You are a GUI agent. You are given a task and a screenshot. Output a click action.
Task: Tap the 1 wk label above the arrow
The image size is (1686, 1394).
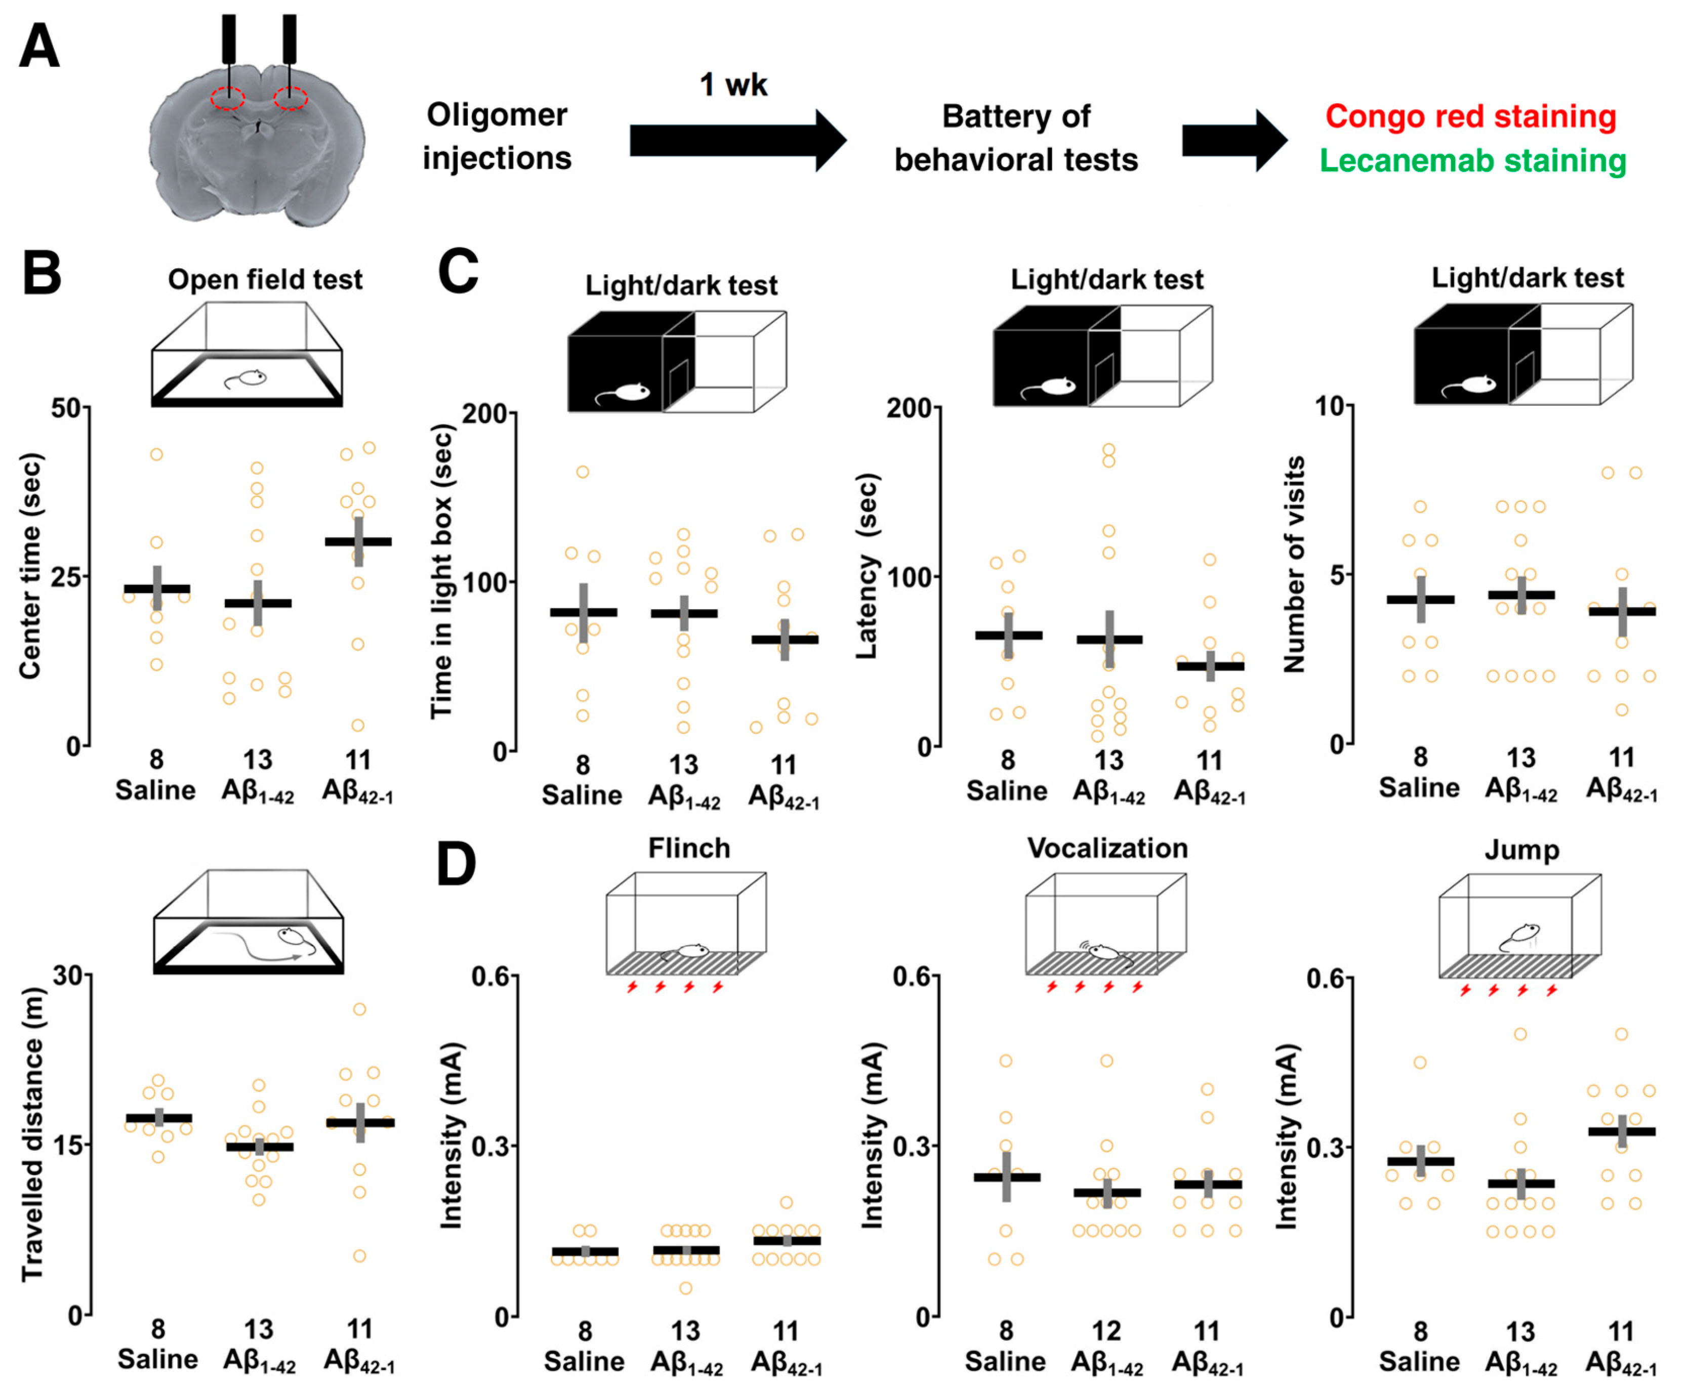point(733,85)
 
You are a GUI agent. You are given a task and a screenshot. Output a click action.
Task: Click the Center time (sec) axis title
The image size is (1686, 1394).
point(30,566)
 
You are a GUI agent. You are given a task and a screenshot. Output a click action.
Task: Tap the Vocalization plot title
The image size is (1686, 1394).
point(1107,848)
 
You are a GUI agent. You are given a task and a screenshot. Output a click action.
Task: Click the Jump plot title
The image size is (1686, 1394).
point(1521,850)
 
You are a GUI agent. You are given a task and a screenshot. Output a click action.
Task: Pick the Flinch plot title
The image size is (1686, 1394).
point(689,848)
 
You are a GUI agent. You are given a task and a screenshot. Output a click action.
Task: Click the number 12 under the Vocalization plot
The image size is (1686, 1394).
point(1106,1331)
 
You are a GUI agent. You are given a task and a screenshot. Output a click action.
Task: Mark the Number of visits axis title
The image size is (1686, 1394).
point(1294,564)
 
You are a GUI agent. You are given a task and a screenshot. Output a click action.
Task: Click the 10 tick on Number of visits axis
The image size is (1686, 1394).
point(1329,406)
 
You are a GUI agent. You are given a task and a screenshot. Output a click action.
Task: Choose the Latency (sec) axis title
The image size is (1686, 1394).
point(867,566)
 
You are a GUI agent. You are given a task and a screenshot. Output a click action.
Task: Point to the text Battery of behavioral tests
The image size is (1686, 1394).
point(1016,138)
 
